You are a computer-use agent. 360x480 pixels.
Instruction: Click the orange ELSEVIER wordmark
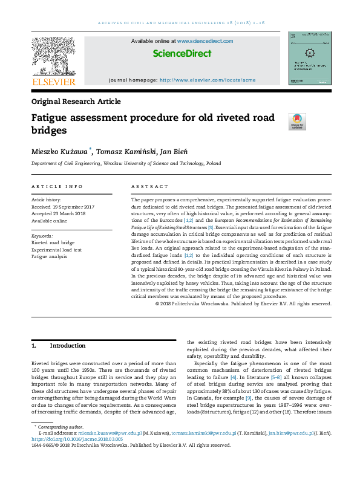coord(53,82)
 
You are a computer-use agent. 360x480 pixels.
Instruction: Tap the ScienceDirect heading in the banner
coord(182,53)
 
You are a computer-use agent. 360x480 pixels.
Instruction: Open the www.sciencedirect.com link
coord(205,41)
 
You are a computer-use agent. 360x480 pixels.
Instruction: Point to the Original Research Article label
coord(76,102)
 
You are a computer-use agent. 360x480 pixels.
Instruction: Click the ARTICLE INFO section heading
coord(57,186)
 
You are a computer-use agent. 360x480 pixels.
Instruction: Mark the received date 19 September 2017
coord(67,206)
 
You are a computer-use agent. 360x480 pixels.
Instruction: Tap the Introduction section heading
coord(68,346)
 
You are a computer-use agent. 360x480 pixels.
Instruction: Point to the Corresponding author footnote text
coord(59,444)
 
